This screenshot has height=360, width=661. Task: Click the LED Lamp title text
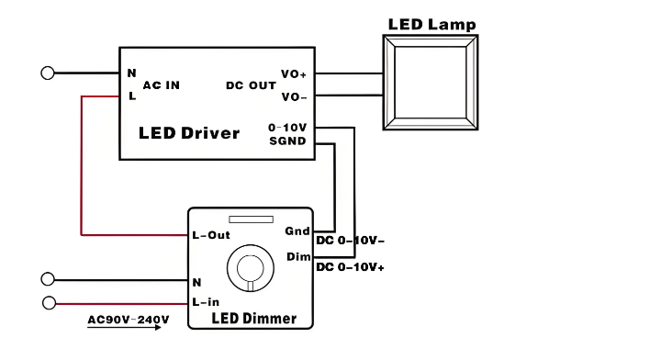pos(432,25)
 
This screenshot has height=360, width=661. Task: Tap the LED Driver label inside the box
pos(189,133)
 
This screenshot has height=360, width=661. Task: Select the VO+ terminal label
pos(294,74)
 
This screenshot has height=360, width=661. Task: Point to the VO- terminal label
pos(294,97)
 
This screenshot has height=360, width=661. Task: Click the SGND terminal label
pos(287,141)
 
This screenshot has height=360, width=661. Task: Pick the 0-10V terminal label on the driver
pos(287,128)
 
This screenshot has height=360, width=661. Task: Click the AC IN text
pos(162,85)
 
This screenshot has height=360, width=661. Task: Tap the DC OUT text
pos(251,85)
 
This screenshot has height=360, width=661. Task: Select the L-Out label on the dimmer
pos(211,235)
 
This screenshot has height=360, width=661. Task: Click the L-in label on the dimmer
pos(206,302)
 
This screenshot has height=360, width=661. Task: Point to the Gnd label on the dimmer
pos(297,231)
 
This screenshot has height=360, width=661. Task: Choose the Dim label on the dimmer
pos(298,257)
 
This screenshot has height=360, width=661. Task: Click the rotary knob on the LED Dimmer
pos(251,268)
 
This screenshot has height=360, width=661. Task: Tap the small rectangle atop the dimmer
pos(251,219)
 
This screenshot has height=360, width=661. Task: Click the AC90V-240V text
pos(129,320)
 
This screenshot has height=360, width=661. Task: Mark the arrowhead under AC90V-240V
pos(158,328)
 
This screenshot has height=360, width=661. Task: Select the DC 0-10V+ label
pos(351,267)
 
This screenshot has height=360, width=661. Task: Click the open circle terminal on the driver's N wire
pos(48,73)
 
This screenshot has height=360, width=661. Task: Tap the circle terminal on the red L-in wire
pos(50,303)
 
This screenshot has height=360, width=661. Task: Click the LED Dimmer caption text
pos(254,319)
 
